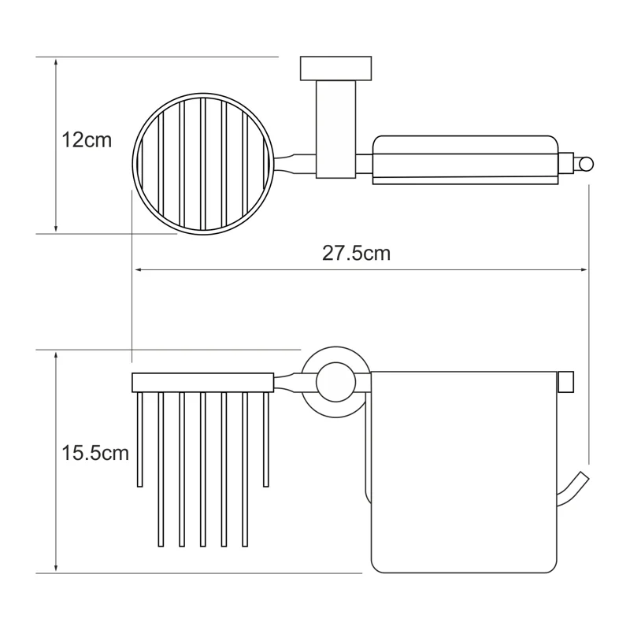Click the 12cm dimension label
pos(87,140)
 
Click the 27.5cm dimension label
pos(357,254)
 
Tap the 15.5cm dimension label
pos(95,453)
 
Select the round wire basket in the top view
pos(203,164)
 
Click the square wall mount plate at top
pos(336,69)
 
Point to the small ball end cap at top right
pos(586,165)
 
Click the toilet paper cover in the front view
pos(464,472)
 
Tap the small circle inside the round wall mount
pos(336,382)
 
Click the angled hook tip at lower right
pos(583,476)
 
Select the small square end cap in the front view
pos(565,382)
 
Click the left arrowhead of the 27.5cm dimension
pos(139,269)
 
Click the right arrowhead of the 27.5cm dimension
pos(584,269)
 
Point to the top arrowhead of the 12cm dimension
pos(56,62)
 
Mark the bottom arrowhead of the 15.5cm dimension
pos(56,568)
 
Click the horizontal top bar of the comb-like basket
pos(203,383)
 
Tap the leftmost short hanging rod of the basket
pos(140,439)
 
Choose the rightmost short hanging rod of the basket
pos(266,439)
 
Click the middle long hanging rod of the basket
pos(203,469)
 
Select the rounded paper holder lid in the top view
pos(465,160)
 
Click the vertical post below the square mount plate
pos(336,129)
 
